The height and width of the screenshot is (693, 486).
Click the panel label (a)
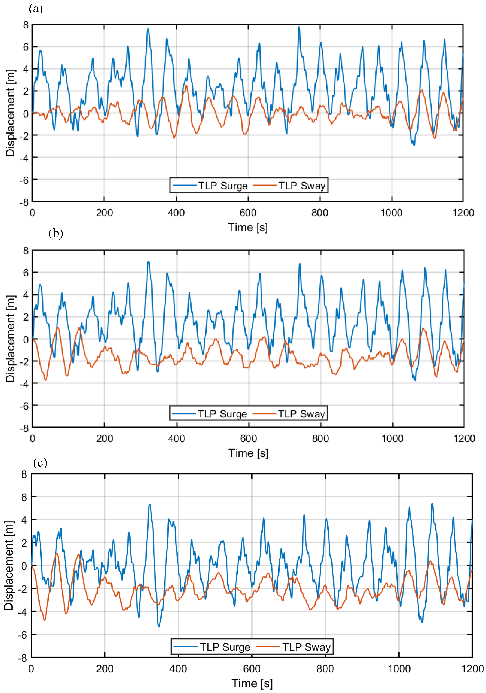[36, 8]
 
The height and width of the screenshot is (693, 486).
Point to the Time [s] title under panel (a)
[248, 227]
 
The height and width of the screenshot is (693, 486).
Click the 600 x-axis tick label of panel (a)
[248, 213]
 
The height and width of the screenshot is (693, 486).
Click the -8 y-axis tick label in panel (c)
[22, 658]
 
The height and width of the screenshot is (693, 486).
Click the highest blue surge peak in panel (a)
[299, 27]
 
